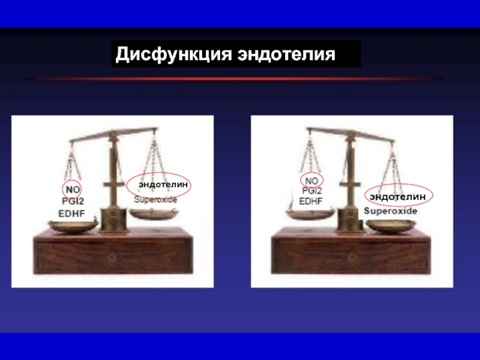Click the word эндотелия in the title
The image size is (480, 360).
click(x=286, y=54)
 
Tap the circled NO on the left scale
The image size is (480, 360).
click(x=73, y=190)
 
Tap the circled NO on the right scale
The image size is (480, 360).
click(x=311, y=181)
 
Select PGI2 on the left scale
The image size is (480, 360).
click(x=73, y=201)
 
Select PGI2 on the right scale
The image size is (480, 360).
click(x=311, y=191)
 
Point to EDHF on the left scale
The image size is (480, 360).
click(x=71, y=214)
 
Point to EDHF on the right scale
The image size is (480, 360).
click(x=311, y=201)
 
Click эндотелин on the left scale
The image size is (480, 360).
click(x=163, y=184)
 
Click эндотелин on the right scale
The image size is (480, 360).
click(x=397, y=197)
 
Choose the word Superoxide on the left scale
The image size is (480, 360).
click(x=155, y=200)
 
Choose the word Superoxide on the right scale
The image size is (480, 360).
click(x=391, y=211)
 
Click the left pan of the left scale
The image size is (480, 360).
click(x=73, y=226)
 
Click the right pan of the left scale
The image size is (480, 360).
click(x=153, y=214)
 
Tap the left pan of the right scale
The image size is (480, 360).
click(x=311, y=214)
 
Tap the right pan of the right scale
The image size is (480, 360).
click(x=391, y=226)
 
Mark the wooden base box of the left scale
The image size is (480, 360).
click(x=113, y=251)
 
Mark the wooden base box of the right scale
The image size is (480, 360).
click(x=351, y=251)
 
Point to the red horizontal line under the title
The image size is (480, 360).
click(x=234, y=79)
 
